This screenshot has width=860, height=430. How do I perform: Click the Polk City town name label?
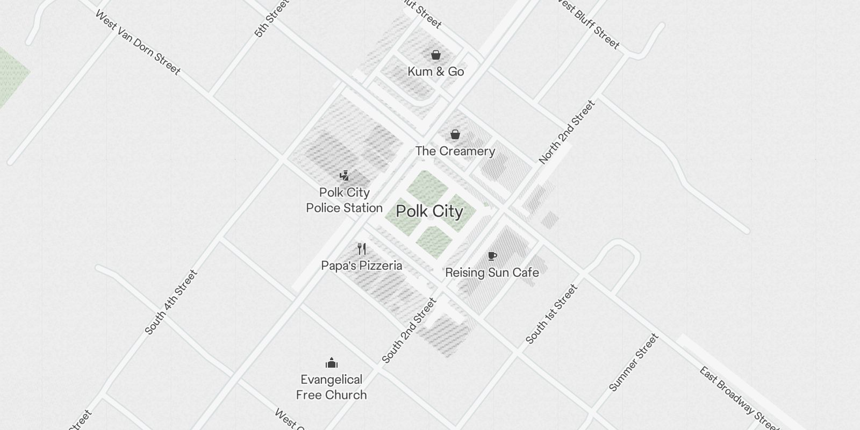pos(429,211)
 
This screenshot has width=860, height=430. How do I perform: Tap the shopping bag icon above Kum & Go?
pos(436,55)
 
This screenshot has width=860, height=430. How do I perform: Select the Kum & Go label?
pos(435,71)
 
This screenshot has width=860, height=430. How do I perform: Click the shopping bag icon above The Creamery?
pos(455,134)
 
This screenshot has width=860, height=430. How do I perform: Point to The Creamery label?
pos(455,151)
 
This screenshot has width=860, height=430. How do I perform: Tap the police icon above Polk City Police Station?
pos(345,176)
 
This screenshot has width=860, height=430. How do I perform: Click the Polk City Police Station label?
pos(345,200)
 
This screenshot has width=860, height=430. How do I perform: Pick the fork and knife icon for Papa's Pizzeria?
pos(362,249)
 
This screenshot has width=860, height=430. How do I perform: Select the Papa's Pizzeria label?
pos(362,266)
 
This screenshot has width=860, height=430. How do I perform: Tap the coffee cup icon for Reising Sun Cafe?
pos(492,256)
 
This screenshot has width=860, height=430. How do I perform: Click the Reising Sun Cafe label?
pos(492,273)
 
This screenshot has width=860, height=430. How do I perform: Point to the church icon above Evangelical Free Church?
pos(332,363)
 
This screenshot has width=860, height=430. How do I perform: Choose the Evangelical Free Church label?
pos(332,387)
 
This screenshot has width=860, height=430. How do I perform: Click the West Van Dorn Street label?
pos(138,42)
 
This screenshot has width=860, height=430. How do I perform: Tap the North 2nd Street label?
pos(567,132)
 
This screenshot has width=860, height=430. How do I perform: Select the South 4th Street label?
pos(171,302)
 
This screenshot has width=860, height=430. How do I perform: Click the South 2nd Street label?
pos(409,331)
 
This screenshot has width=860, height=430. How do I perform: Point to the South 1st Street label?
pos(551,314)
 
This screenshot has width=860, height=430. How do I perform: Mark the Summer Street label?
pos(634,362)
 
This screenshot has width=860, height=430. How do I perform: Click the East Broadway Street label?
pos(740,398)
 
